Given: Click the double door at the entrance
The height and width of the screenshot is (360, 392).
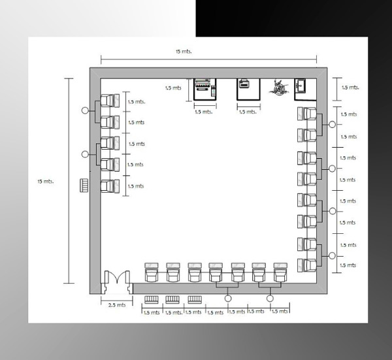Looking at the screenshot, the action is coord(117,278).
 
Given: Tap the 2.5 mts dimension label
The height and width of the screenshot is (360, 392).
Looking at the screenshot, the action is coord(117,305).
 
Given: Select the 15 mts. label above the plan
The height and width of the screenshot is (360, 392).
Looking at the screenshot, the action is coord(184,52).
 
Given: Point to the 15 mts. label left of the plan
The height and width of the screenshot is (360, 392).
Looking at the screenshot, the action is coord(46,182).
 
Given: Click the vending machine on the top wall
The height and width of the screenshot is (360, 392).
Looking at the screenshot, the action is coord(205,90).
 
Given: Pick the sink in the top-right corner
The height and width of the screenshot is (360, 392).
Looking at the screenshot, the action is coord(300,86).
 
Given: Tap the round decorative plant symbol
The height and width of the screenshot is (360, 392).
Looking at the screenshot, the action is coord(279,88).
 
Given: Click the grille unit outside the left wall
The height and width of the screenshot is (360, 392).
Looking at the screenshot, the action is coord(84,186).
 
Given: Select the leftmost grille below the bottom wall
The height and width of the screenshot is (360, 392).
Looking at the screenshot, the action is coord(152,299).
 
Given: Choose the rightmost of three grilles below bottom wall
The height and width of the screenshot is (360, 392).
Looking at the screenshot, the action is coord(195,299).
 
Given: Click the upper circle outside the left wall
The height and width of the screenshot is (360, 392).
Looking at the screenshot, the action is coord(85,110).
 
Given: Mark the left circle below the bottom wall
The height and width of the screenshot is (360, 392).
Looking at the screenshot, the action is coord(228,298).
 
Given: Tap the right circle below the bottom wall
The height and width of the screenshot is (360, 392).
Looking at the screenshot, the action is coord(270,298).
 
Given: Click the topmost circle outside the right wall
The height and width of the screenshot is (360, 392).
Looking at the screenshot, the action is coord(332,124).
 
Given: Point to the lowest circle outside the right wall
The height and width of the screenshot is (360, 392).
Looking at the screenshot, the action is coord(332,255).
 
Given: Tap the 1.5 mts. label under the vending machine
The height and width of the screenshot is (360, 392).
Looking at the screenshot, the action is coord(204,112).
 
